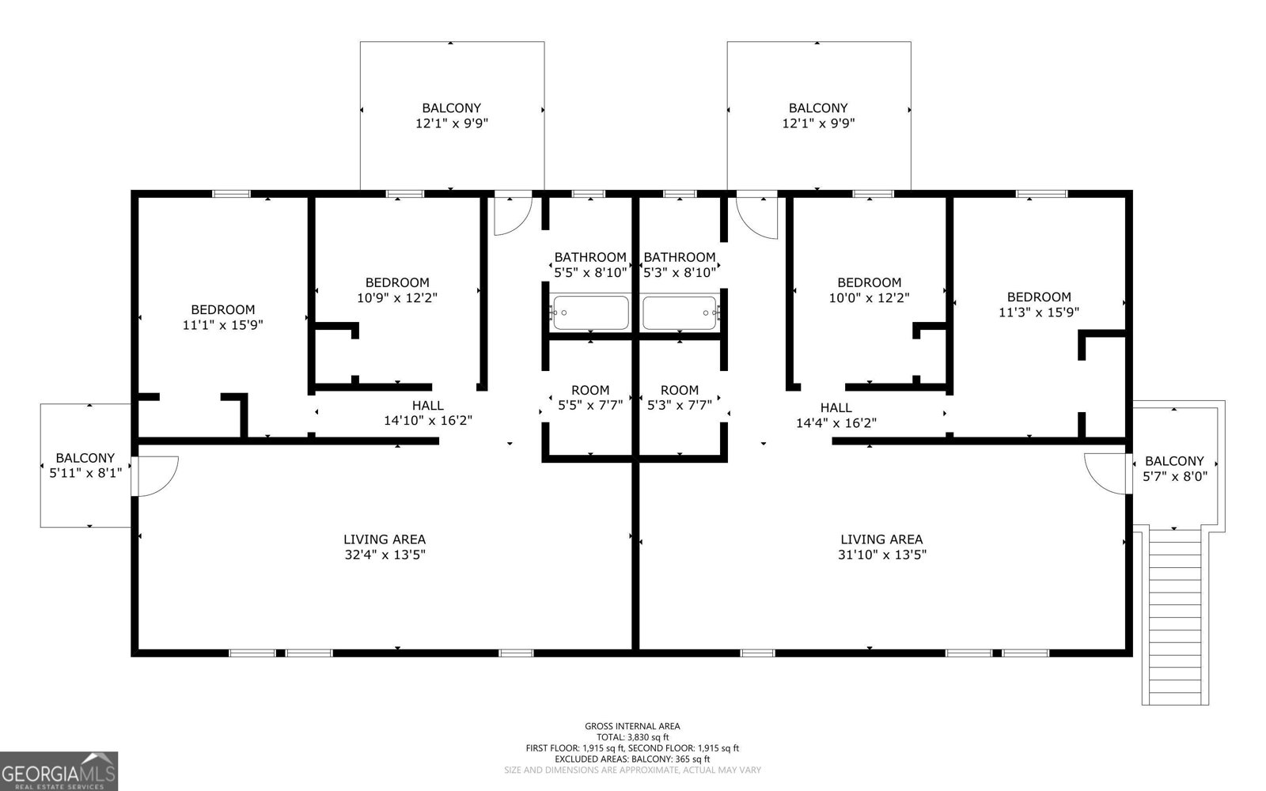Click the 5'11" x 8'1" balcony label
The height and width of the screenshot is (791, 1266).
85,466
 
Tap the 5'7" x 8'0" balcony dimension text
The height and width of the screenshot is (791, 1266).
1175,476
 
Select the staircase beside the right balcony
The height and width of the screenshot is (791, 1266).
1175,617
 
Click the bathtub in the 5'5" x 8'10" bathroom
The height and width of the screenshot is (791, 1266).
590,312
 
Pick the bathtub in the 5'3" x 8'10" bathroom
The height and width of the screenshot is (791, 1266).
680,312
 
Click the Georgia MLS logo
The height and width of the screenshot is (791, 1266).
59,770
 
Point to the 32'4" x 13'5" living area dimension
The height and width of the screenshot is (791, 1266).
385,554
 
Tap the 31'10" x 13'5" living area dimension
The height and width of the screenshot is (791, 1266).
881,554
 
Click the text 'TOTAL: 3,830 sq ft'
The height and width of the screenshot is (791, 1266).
632,737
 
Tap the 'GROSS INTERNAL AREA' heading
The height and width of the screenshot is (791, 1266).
632,726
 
